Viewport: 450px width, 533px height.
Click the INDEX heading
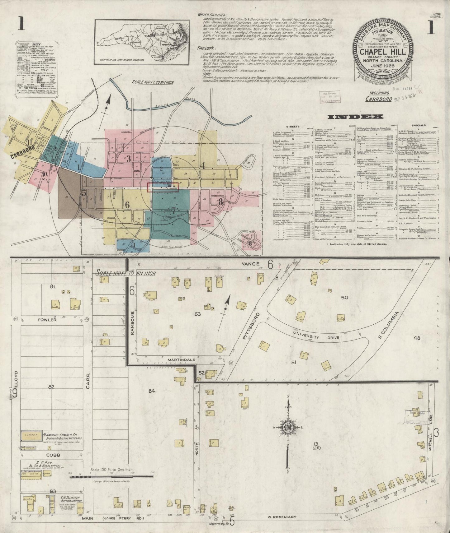pos(355,117)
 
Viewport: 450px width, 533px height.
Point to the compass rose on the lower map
pos(288,428)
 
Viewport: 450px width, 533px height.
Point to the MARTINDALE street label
pos(181,359)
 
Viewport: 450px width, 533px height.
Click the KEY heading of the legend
pos(37,45)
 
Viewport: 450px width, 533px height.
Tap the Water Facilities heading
pos(212,15)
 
